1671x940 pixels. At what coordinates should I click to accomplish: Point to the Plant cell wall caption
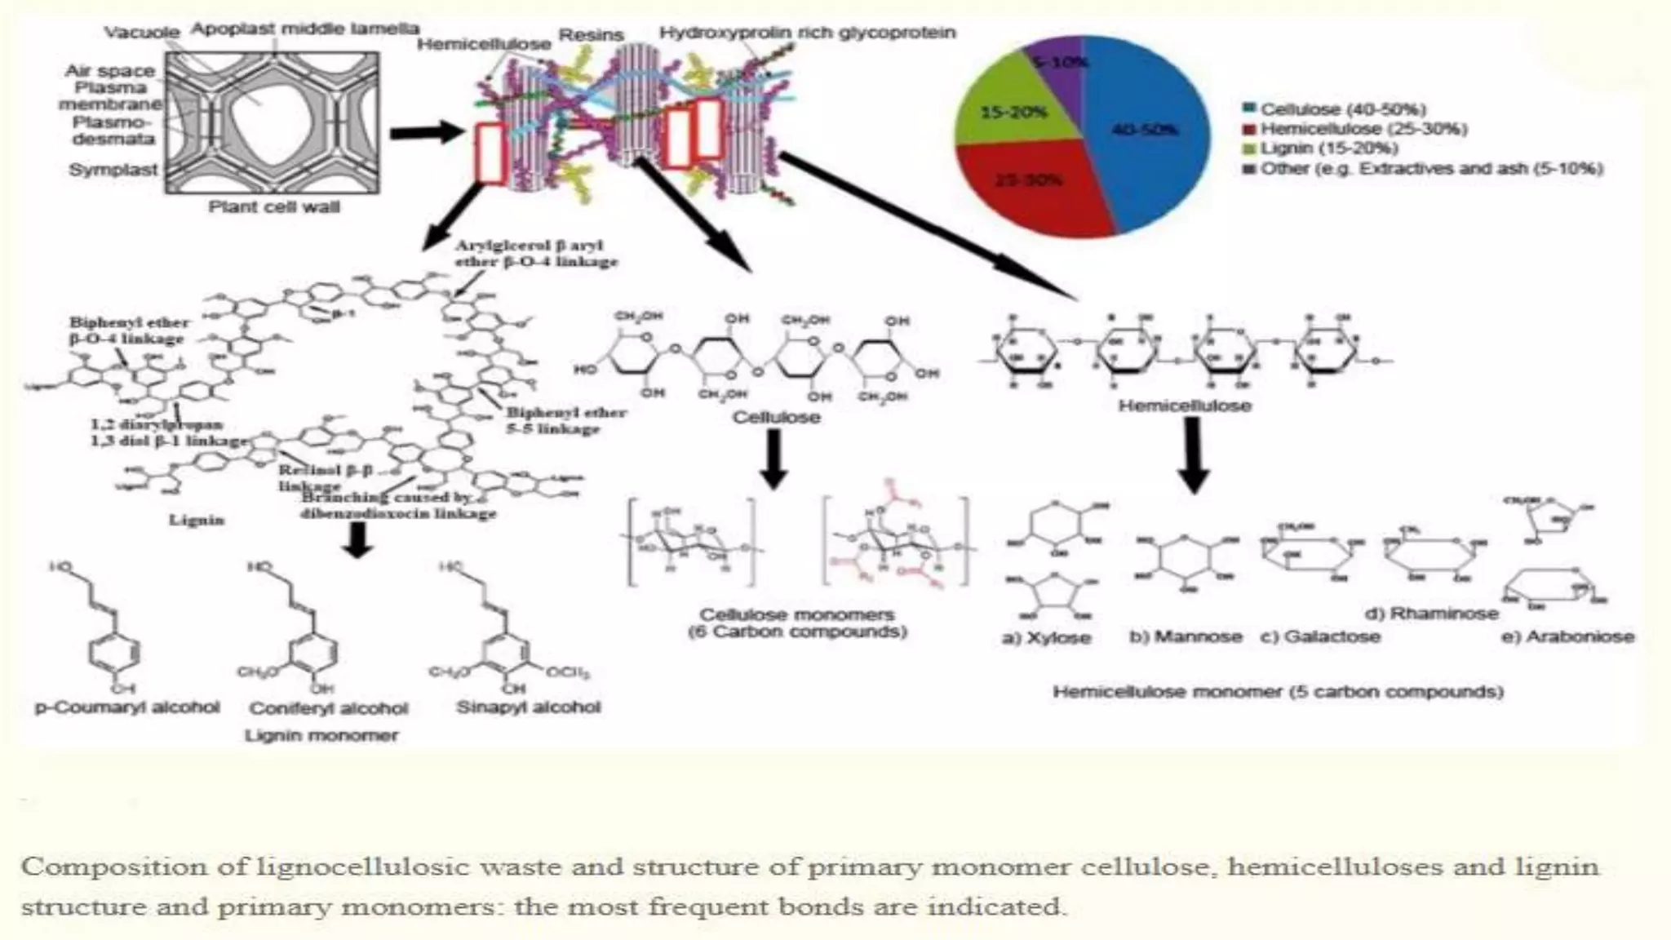(274, 207)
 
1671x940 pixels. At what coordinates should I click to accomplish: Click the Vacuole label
(142, 33)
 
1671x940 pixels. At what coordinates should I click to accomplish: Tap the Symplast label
(113, 170)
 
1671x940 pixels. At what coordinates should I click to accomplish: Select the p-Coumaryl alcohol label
(127, 707)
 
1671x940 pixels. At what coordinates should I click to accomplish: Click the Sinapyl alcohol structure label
(529, 707)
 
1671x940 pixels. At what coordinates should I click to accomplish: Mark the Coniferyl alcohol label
(329, 708)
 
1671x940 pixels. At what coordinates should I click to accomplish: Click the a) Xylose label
(1046, 638)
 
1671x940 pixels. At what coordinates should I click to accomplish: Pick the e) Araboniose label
(1567, 636)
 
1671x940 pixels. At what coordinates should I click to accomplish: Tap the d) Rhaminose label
(1432, 614)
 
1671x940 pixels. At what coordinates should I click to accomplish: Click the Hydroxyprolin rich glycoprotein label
(807, 33)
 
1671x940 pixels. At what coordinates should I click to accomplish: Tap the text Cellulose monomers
(796, 614)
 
